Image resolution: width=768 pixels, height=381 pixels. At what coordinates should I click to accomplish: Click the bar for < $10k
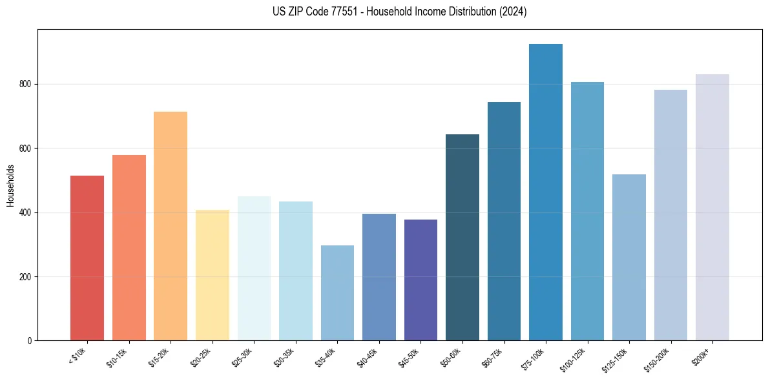tap(87, 258)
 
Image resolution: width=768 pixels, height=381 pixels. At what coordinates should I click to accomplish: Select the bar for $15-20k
tap(171, 226)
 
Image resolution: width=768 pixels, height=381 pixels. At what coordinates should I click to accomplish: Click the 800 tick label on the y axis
tap(26, 85)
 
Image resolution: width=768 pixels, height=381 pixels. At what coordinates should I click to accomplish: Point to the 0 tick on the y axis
tap(30, 341)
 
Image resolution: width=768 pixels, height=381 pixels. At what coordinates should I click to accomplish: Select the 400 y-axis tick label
tap(26, 212)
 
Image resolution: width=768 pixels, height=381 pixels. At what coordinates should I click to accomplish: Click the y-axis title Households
tap(10, 185)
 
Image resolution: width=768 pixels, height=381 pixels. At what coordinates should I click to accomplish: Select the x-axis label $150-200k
tap(658, 359)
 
